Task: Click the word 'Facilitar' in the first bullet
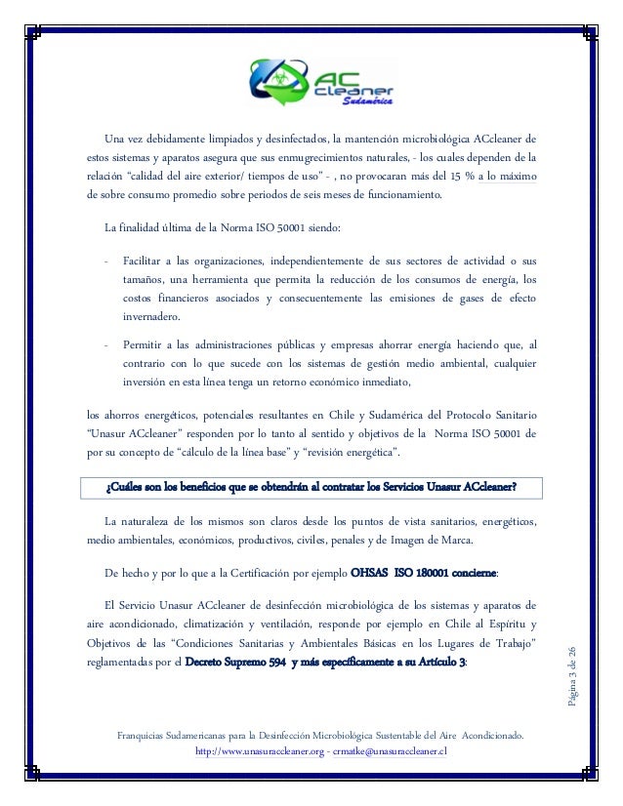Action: (x=145, y=263)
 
